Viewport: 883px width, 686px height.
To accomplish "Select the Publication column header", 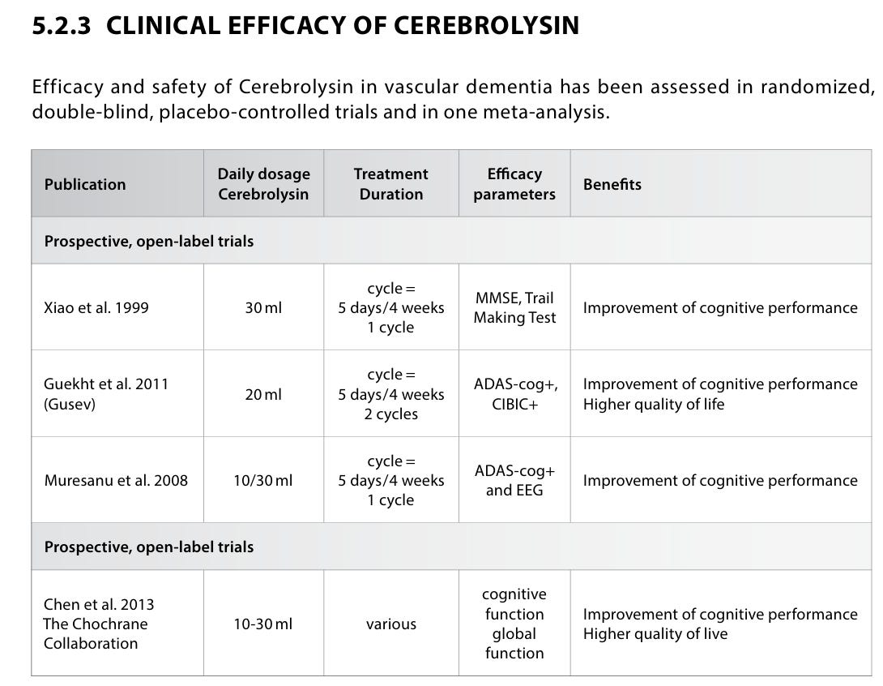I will click(x=85, y=184).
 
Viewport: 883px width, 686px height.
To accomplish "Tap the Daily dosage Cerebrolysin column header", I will click(x=263, y=184).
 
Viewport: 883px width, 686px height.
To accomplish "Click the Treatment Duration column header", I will click(x=391, y=184).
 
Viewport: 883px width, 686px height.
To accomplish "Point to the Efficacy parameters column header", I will click(x=514, y=184).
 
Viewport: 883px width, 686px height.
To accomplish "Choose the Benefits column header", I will click(x=612, y=184).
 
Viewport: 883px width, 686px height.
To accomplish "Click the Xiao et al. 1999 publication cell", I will click(x=96, y=308).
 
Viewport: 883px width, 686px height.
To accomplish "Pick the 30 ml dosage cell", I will click(x=263, y=308).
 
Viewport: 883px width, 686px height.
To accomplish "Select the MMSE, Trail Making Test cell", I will click(x=514, y=308).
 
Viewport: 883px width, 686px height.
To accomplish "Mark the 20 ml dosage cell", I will click(x=263, y=395).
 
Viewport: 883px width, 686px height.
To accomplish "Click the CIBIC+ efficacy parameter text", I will click(x=514, y=404).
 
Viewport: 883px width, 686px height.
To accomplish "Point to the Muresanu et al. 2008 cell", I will click(x=116, y=481).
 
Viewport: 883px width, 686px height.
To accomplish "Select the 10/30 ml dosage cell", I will click(x=263, y=481).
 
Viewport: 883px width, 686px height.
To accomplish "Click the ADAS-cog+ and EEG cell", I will click(x=514, y=481).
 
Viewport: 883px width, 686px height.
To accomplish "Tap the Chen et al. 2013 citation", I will click(x=99, y=605).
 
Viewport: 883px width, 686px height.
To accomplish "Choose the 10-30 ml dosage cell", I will click(x=263, y=624).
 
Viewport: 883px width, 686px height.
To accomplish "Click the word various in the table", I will click(x=391, y=624).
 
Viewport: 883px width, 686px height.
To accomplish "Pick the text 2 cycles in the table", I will click(x=391, y=414).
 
